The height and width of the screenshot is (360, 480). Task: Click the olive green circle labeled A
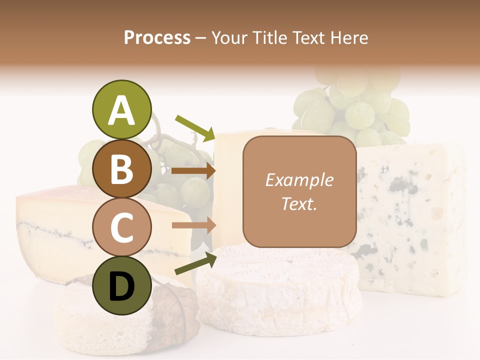121,110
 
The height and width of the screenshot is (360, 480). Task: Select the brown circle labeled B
121,169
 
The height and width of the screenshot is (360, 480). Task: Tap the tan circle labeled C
121,227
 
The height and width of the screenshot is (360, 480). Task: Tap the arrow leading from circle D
195,263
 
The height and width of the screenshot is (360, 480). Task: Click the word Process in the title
157,37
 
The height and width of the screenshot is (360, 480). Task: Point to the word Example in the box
299,180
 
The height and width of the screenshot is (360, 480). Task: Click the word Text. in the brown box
299,203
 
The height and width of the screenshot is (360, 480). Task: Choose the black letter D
121,286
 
